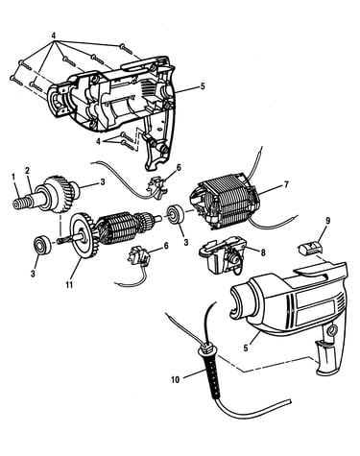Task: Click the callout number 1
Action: click(x=13, y=176)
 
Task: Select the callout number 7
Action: click(x=286, y=184)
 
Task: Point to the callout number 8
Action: click(x=263, y=252)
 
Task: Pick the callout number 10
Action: click(x=176, y=380)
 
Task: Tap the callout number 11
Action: click(x=69, y=284)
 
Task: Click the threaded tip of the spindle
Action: click(x=20, y=204)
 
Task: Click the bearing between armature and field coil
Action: click(x=176, y=215)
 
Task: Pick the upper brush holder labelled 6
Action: click(x=156, y=187)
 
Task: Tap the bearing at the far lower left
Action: click(x=41, y=245)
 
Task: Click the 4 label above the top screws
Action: click(x=54, y=36)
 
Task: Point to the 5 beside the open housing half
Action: click(x=203, y=86)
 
